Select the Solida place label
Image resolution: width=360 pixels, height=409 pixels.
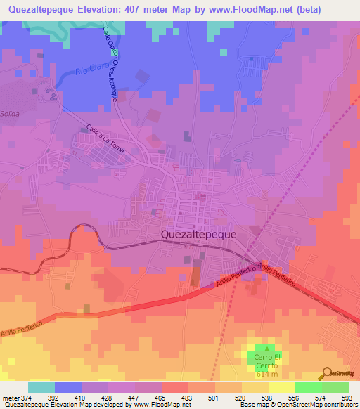[10, 113]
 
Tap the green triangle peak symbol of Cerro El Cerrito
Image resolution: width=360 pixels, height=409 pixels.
[266, 349]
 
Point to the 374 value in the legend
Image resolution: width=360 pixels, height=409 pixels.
[27, 397]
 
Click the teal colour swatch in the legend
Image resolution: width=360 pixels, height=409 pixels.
[41, 387]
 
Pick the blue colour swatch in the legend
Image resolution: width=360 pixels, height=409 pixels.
[67, 387]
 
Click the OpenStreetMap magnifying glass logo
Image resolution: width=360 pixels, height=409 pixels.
[326, 373]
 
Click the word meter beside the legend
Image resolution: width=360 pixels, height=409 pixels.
[10, 397]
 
